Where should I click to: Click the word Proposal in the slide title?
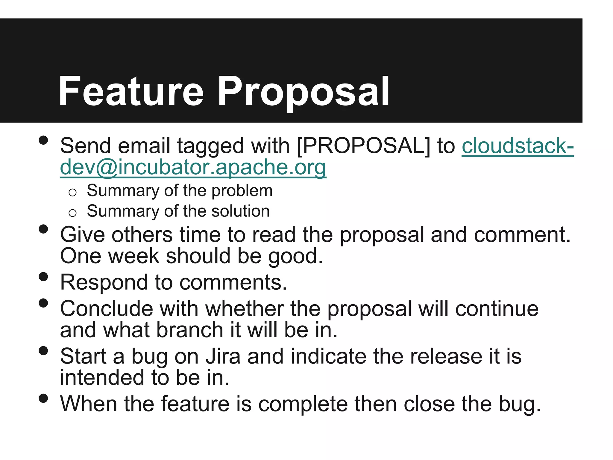coord(303,92)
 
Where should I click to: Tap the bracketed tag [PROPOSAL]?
coord(363,146)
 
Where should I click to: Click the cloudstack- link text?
coord(518,146)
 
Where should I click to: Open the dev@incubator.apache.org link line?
coord(193,167)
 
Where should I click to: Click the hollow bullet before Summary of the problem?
coord(72,192)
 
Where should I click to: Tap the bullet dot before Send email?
coord(43,140)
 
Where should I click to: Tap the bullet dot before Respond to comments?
coord(43,276)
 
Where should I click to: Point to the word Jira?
coord(223,356)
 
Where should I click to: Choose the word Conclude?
coord(106,309)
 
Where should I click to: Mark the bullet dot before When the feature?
coord(43,398)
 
